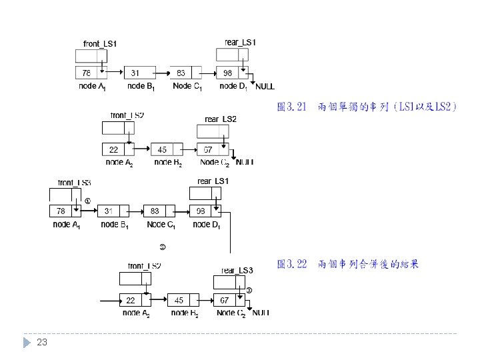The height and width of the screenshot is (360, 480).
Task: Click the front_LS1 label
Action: tap(100, 44)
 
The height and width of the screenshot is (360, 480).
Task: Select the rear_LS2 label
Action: tap(221, 119)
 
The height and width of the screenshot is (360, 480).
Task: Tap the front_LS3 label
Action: tap(74, 182)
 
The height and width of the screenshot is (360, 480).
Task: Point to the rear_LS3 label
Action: tap(237, 270)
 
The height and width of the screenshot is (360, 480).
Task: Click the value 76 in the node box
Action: tap(87, 72)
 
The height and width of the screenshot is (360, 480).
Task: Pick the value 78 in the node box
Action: tap(61, 211)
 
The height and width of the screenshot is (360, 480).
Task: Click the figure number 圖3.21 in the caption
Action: tap(291, 107)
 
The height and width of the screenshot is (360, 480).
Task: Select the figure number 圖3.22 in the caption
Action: tap(291, 264)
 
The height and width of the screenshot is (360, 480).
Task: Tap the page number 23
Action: tap(42, 343)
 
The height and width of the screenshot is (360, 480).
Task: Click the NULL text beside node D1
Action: tap(265, 87)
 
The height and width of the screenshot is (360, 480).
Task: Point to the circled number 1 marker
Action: tap(87, 201)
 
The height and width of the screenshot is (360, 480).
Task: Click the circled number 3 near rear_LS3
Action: tap(249, 290)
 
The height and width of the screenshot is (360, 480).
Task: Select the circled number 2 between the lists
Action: tap(163, 247)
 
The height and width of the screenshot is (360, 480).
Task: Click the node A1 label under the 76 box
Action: tap(92, 86)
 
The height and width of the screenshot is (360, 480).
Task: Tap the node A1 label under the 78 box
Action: tap(67, 225)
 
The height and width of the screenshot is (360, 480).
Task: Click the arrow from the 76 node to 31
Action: tap(114, 72)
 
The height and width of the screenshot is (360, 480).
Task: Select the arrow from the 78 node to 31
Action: tap(89, 211)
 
